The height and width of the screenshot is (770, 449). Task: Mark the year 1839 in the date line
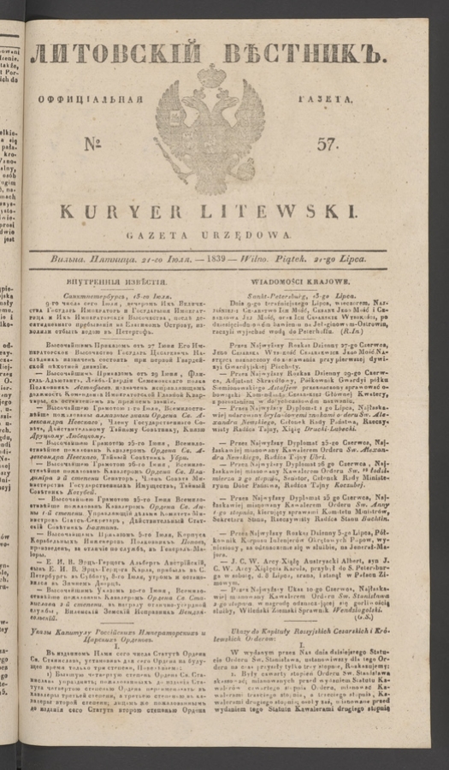pyautogui.click(x=233, y=258)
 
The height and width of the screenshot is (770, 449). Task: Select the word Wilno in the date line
pyautogui.click(x=269, y=258)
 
